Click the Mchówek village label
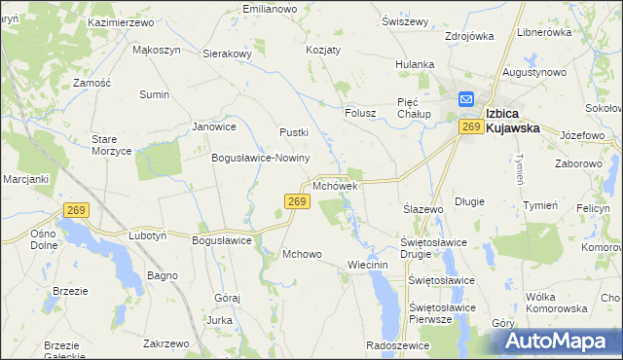pos(337,185)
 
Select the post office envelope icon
pos(466,99)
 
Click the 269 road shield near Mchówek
pos(298,201)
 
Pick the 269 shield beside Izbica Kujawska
pos(472,126)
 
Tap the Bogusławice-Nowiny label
pos(260,158)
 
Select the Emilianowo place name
pos(269,9)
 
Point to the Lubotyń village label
pos(148,235)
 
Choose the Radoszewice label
pos(397,344)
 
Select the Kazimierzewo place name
pos(123,21)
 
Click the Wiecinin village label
pos(367,265)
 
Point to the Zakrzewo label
pos(165,343)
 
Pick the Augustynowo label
pos(534,72)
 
